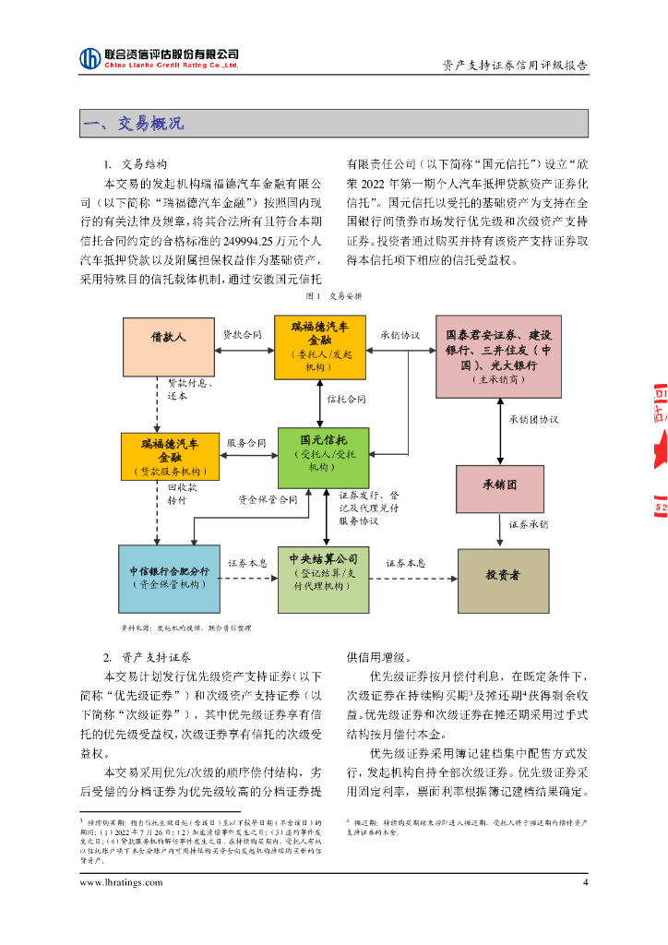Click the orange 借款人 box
[169, 346]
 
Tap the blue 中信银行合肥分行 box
[169, 579]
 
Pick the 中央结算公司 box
[323, 579]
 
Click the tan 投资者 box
[503, 579]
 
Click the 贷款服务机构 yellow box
[169, 456]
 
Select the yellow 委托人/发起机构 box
[320, 346]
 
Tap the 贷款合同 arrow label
[243, 334]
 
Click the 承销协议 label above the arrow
[400, 334]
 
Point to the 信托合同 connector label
[347, 400]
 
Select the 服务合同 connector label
[246, 443]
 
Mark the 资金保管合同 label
[268, 499]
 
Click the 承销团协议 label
[533, 418]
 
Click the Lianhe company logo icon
[89, 58]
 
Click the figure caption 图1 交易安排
[333, 297]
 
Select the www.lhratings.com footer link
[121, 881]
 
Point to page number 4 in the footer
[584, 881]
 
